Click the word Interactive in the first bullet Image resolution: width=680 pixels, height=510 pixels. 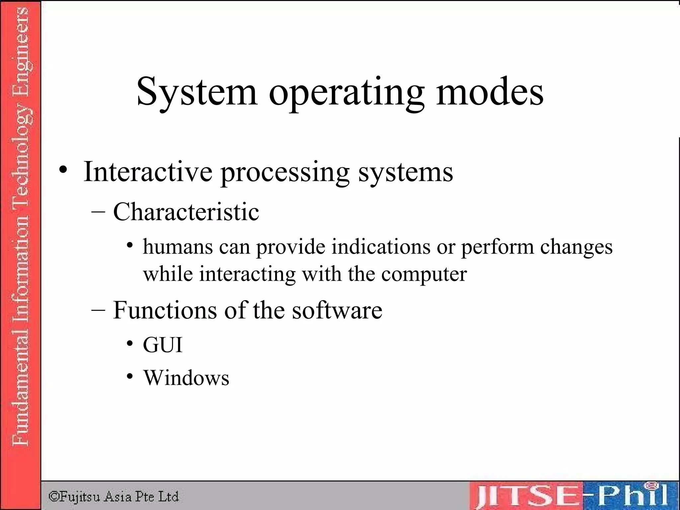(x=148, y=172)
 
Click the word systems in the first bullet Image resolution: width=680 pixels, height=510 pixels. (x=405, y=173)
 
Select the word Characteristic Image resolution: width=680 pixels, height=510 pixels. (x=186, y=212)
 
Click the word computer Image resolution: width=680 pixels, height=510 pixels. (x=424, y=275)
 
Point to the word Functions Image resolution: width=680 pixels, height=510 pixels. (x=165, y=310)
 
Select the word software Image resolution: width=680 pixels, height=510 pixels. (x=337, y=310)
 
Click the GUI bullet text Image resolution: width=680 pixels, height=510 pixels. (x=163, y=345)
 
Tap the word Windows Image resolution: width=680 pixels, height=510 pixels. (x=186, y=378)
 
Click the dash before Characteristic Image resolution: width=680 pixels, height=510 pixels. (x=98, y=212)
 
